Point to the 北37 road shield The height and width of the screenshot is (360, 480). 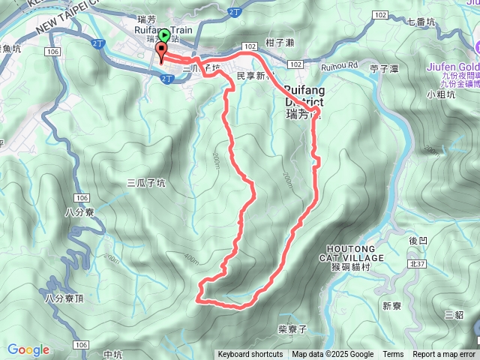(418, 263)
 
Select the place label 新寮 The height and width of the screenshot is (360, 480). (391, 306)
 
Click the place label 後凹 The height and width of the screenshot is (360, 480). (418, 241)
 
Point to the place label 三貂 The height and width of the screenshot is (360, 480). (454, 315)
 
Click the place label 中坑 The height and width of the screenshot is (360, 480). (113, 355)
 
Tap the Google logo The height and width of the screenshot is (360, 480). (28, 349)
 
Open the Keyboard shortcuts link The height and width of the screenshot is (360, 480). (250, 355)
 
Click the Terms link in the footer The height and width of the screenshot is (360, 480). (393, 355)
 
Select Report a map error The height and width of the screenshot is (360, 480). (444, 355)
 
